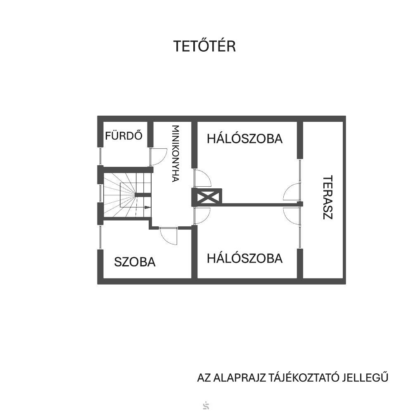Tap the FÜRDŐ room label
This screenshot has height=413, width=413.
123,135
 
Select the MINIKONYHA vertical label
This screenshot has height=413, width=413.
176,154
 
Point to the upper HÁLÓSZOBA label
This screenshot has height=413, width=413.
244,139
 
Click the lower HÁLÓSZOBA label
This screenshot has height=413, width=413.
244,259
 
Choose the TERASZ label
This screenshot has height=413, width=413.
328,197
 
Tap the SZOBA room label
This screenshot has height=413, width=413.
135,262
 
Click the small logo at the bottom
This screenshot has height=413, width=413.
206,406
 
